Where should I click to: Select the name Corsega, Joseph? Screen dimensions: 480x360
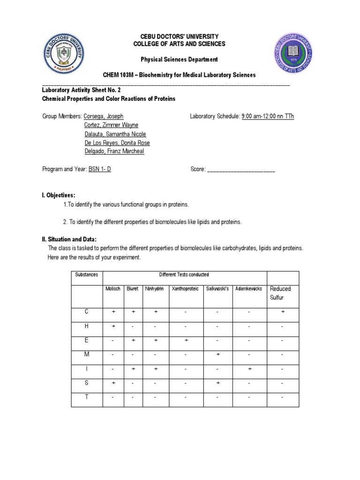(104, 116)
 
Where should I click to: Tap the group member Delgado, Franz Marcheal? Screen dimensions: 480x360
(114, 152)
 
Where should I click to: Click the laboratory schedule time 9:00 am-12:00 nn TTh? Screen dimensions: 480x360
(268, 116)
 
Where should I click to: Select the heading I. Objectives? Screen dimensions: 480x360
(59, 195)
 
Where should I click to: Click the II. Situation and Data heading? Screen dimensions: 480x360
(69, 240)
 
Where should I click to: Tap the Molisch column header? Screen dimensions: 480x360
(113, 289)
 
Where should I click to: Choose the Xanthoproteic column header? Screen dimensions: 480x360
(186, 289)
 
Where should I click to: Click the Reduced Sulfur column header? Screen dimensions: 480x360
(280, 293)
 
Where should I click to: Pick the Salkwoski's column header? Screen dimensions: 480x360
(217, 289)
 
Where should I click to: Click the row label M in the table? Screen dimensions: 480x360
(87, 355)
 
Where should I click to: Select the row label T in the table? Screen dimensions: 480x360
(87, 397)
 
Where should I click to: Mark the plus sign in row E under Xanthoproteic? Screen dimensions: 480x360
(186, 341)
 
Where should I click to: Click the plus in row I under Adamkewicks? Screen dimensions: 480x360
(249, 369)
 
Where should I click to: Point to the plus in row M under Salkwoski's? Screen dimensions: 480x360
(218, 355)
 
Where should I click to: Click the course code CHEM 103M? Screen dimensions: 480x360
(118, 75)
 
